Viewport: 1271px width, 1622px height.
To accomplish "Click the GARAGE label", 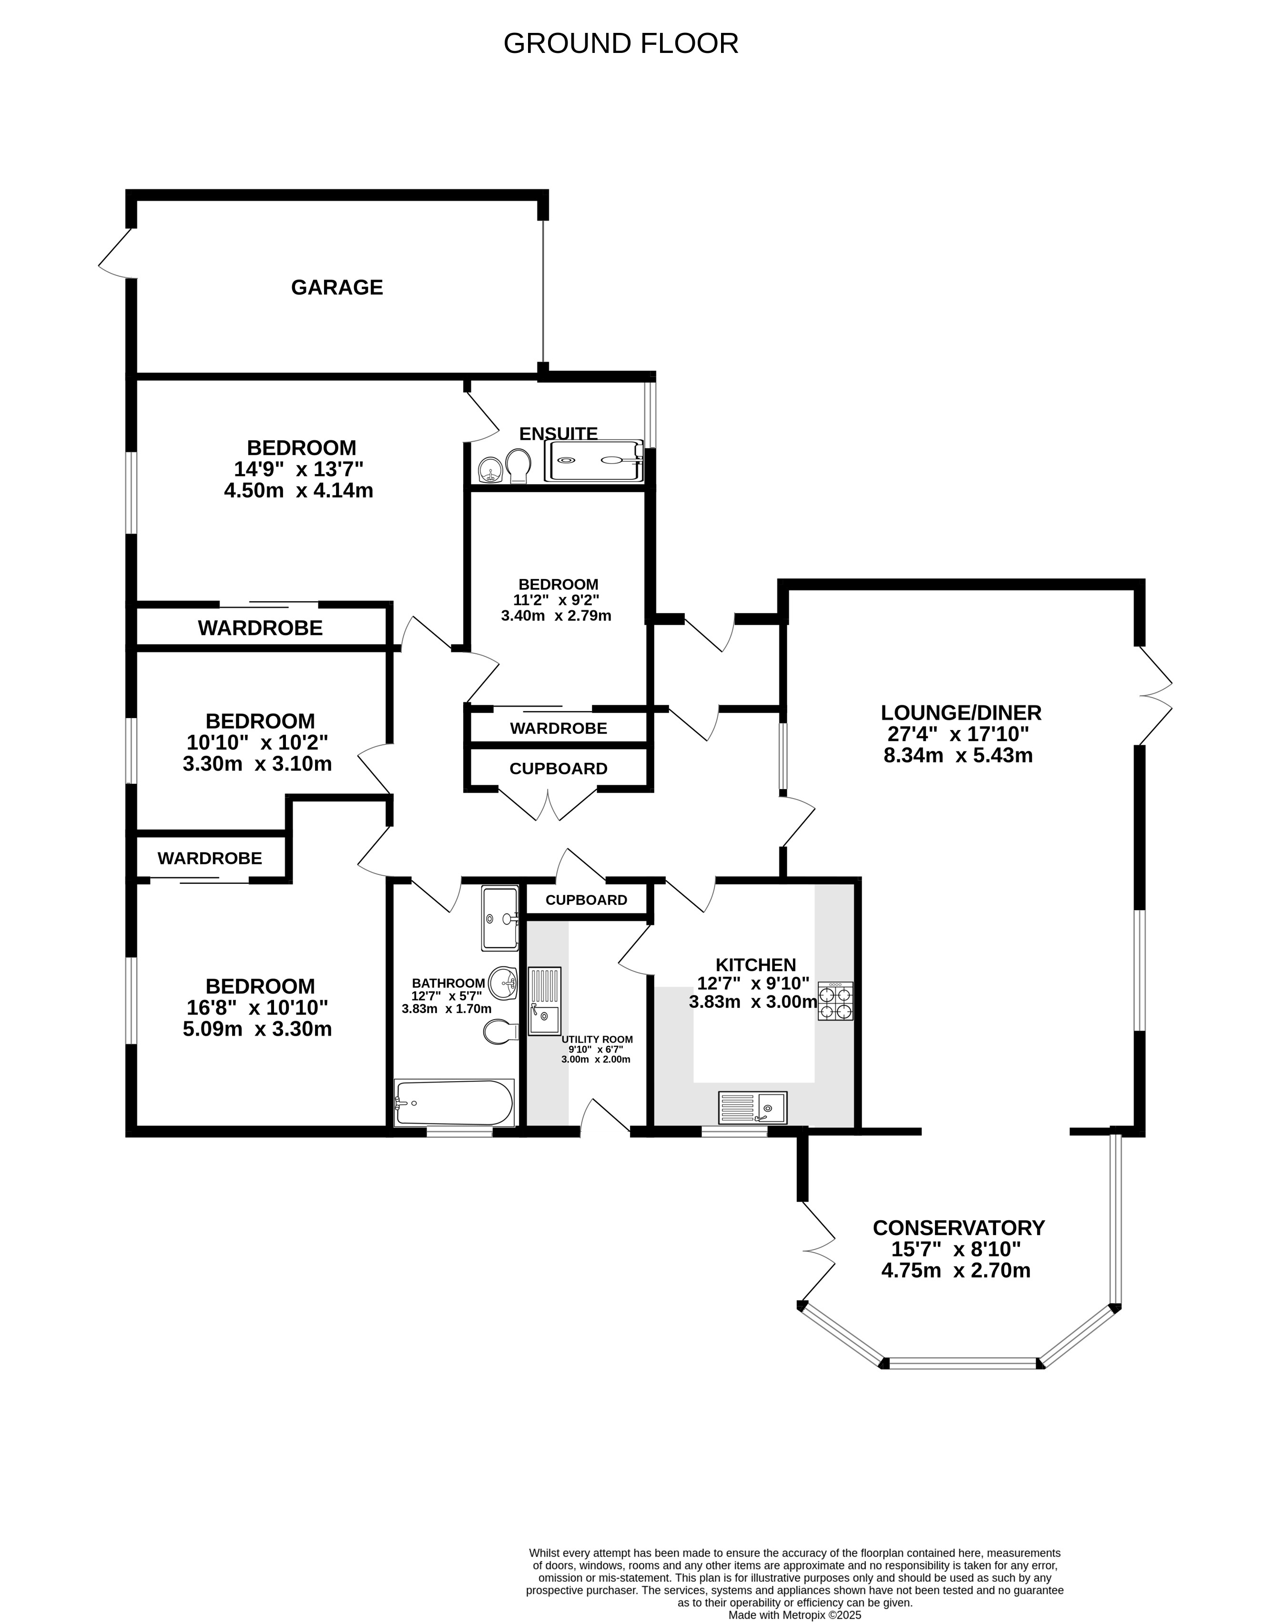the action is [337, 287].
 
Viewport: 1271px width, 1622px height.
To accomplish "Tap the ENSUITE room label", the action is [558, 434].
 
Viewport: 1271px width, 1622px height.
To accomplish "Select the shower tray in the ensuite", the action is [595, 461].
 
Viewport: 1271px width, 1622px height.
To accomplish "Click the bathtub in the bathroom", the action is [454, 1103].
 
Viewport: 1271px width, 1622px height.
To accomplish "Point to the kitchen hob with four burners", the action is [836, 1001].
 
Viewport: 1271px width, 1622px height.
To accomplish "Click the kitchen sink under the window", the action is [752, 1108].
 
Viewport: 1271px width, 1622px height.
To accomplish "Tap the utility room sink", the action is [545, 1002].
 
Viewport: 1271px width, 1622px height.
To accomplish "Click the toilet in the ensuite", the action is [518, 465].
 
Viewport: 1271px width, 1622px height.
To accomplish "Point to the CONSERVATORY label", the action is [958, 1227].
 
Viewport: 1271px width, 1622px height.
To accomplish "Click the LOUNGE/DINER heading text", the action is [961, 713].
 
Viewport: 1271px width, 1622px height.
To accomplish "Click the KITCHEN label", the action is [755, 965].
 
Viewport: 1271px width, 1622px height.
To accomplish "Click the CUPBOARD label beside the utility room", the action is [586, 900].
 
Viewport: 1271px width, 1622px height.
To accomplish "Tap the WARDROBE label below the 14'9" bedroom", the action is [261, 628].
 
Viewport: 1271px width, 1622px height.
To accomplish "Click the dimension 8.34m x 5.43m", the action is [958, 756].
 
